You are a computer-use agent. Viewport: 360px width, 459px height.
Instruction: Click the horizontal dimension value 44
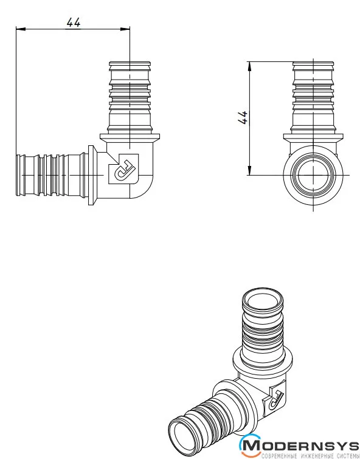(73, 22)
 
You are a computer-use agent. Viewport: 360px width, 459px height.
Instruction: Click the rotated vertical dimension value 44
(243, 118)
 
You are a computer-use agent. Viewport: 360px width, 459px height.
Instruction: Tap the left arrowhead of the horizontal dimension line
(21, 29)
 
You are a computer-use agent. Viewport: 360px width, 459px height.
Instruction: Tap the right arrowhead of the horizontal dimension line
(125, 29)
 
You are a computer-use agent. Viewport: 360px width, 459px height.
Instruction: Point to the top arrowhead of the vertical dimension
(249, 66)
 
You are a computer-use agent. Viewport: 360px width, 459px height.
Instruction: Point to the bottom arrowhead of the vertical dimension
(249, 171)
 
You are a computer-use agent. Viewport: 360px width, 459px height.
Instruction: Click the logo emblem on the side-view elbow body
(123, 169)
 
